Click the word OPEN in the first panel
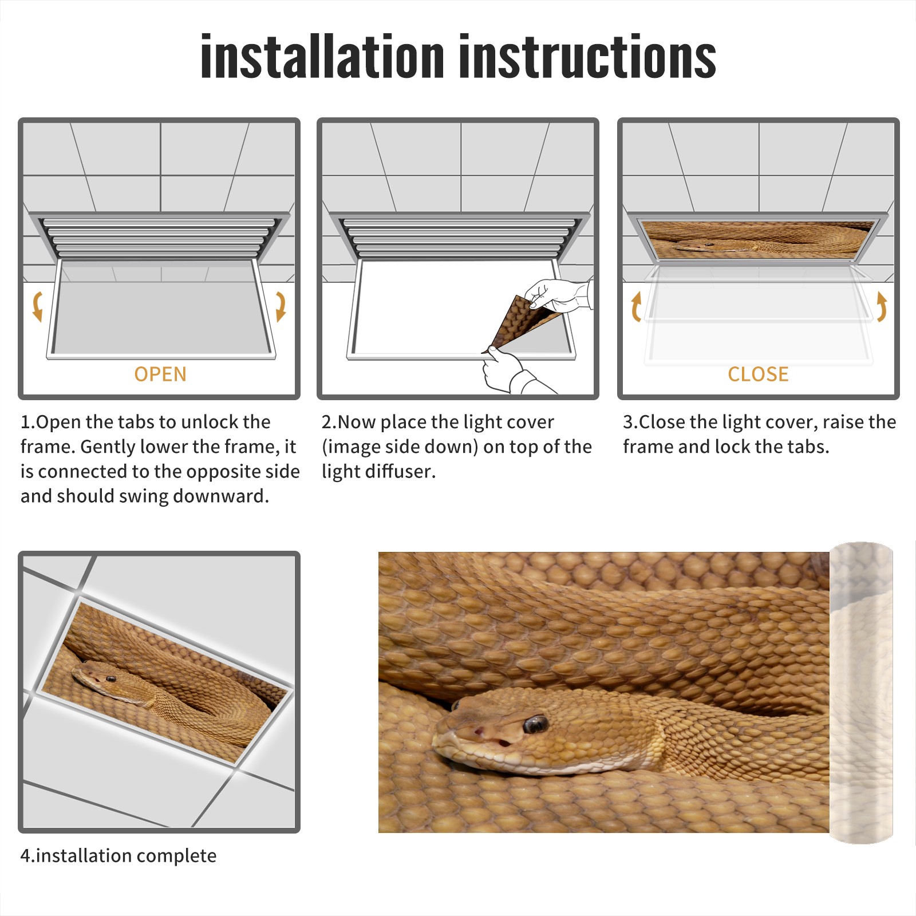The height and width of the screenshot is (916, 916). pos(160,374)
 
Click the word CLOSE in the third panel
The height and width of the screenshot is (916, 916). pos(758,374)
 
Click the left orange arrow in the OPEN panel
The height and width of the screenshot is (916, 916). pos(38,306)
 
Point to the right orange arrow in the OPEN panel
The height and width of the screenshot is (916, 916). pos(281,306)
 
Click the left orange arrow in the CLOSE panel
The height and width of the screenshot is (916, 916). pos(636,306)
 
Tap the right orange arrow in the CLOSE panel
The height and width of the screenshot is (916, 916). pos(881,306)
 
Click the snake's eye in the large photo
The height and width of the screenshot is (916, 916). pos(535,724)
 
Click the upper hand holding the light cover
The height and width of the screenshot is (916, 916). pos(558,295)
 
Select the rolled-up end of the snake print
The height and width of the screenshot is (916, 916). pos(861,693)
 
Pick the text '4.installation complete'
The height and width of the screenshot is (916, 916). pos(119,856)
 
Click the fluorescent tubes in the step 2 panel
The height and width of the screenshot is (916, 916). pos(458,238)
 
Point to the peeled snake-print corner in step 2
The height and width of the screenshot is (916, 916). pos(518,321)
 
